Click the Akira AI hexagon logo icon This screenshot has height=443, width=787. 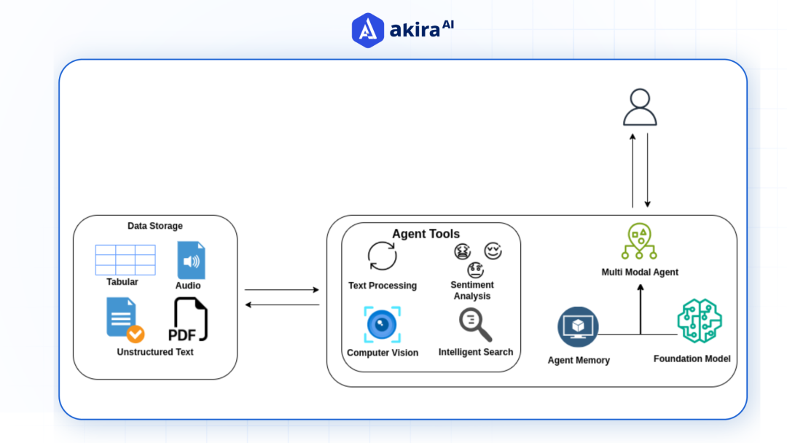coord(368,30)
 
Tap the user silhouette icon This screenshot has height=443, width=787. coord(640,108)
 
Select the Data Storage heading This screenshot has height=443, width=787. coord(155,226)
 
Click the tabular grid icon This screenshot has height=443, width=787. coord(125,259)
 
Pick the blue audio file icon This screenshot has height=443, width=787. coord(191,260)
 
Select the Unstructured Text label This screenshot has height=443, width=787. coord(155,352)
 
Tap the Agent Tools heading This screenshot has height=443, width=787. coord(426,234)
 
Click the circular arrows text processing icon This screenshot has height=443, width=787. coord(382,256)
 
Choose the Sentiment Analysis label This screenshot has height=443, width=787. coord(472,290)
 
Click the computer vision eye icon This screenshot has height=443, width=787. coord(382,324)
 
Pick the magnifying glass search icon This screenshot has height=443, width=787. coord(475,325)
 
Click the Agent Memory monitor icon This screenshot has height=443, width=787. coord(578,326)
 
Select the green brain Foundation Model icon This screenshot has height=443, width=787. coord(699,321)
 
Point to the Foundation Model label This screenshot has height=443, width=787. coord(692,358)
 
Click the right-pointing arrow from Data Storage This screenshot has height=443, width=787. coord(282,290)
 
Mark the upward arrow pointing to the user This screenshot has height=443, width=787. coord(633,170)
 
